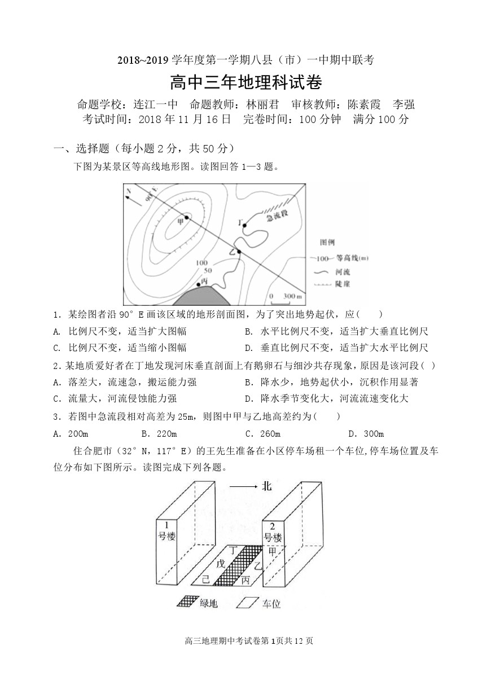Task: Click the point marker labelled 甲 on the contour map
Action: click(x=187, y=217)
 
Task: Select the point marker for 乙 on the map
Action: click(x=239, y=252)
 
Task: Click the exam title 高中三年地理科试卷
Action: click(x=246, y=84)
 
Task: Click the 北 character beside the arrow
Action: click(x=267, y=486)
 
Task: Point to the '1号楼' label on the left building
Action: click(x=166, y=530)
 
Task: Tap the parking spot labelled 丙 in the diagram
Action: click(x=245, y=579)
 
